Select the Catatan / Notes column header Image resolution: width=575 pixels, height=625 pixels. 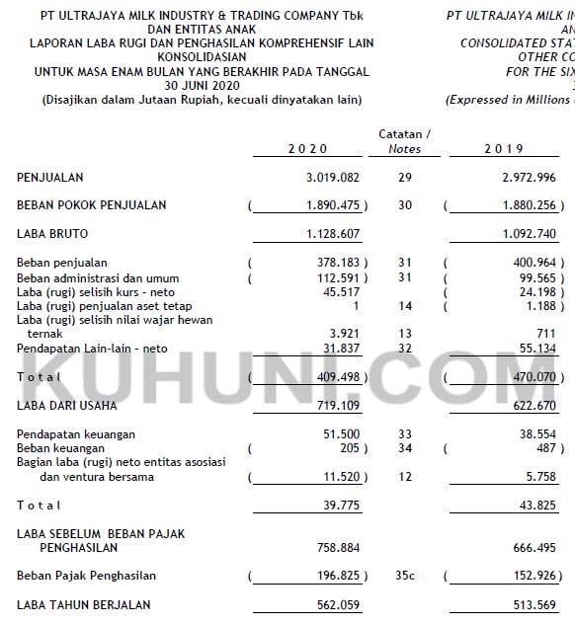405,141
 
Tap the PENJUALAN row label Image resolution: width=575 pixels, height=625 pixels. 50,178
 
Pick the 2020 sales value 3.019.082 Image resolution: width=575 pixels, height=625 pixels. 329,178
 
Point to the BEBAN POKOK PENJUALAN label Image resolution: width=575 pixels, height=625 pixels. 92,205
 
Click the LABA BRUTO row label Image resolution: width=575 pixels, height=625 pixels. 52,234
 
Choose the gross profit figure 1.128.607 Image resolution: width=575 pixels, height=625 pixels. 329,234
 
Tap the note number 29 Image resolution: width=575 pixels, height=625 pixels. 405,178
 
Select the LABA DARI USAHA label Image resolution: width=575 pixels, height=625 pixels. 67,406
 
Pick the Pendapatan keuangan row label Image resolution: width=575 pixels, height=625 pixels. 76,434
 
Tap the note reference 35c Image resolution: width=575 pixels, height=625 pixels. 405,576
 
